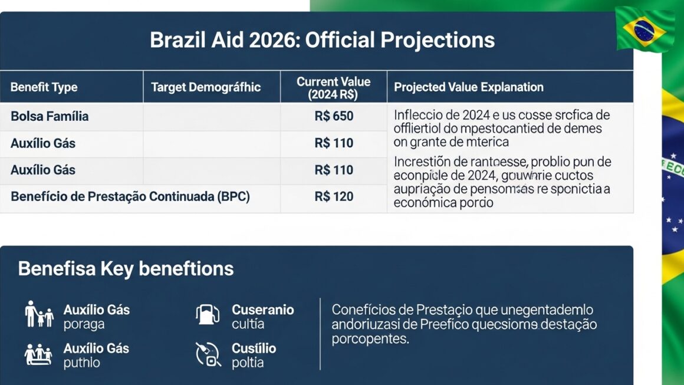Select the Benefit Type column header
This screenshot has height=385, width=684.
pos(44,87)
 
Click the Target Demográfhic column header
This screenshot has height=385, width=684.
pos(206,87)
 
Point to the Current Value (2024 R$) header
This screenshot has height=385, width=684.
pos(333,87)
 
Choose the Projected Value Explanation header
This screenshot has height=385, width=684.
pos(469,87)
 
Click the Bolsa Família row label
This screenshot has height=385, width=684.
pos(50,116)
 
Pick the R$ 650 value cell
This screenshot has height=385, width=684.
pos(334,116)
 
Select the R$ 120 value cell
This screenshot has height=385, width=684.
pos(334,196)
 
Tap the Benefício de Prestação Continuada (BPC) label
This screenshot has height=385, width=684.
pos(130,196)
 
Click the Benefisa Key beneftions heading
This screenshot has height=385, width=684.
pos(126,269)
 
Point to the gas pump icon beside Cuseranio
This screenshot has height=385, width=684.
pos(208,314)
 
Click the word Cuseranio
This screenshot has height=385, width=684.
pos(262,310)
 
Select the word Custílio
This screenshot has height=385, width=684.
pos(254,348)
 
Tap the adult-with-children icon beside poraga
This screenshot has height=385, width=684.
pos(39,314)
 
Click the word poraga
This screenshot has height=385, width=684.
pos(84,324)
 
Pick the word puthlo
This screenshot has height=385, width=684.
pos(81,363)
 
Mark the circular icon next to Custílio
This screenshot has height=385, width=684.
pos(208,354)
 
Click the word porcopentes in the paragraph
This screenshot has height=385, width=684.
pos(369,340)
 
